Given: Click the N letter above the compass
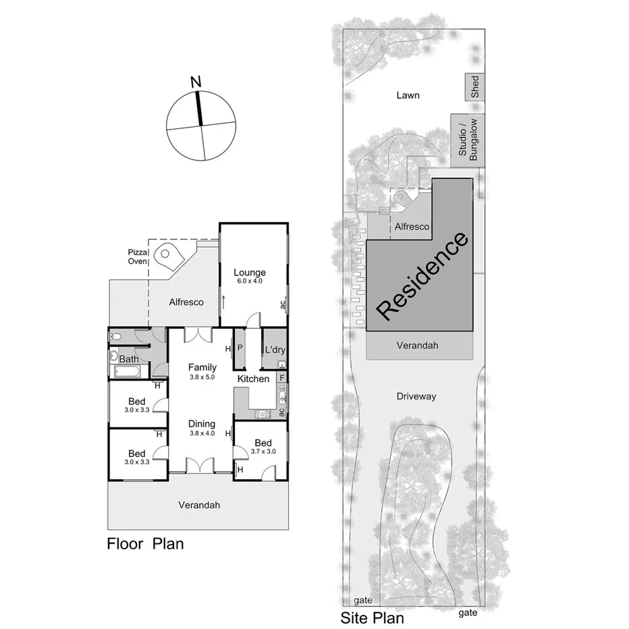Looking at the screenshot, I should click(196, 82).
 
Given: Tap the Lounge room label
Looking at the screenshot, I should click(250, 273).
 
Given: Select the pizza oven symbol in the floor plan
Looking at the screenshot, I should click(167, 256).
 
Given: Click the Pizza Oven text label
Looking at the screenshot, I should click(138, 256).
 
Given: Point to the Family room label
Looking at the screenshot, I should click(202, 367).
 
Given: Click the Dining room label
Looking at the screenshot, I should click(202, 424).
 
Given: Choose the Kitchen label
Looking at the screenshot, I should click(253, 379).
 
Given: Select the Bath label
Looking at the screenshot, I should click(129, 359).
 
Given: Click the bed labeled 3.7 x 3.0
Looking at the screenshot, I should click(263, 443).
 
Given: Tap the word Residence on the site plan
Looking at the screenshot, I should click(422, 275).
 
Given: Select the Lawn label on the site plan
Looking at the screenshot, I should click(408, 95).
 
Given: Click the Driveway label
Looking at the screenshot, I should click(416, 396).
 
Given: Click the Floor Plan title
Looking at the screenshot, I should click(145, 543).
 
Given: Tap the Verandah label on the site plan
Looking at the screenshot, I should click(418, 345).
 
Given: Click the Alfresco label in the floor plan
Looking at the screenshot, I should click(186, 302).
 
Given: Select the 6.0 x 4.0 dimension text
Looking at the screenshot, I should click(248, 280).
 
